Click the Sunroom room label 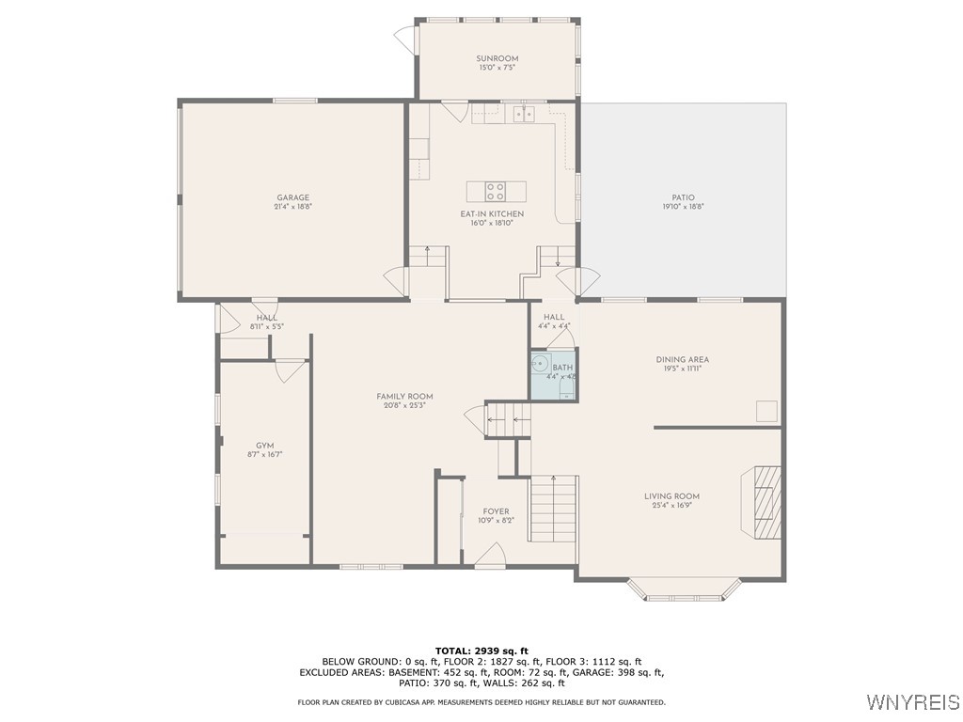[497, 58]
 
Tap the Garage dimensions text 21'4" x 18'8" [292, 207]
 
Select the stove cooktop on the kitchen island [496, 192]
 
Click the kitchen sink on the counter [523, 115]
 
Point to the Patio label [683, 197]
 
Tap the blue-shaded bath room [553, 376]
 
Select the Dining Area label [682, 359]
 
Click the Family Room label [404, 397]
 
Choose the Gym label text [264, 446]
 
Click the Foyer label [496, 511]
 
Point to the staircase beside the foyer [553, 508]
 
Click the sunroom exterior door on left [406, 39]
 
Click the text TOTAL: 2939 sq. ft [481, 651]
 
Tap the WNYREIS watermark [911, 702]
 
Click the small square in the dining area [767, 411]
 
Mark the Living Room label [671, 496]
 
